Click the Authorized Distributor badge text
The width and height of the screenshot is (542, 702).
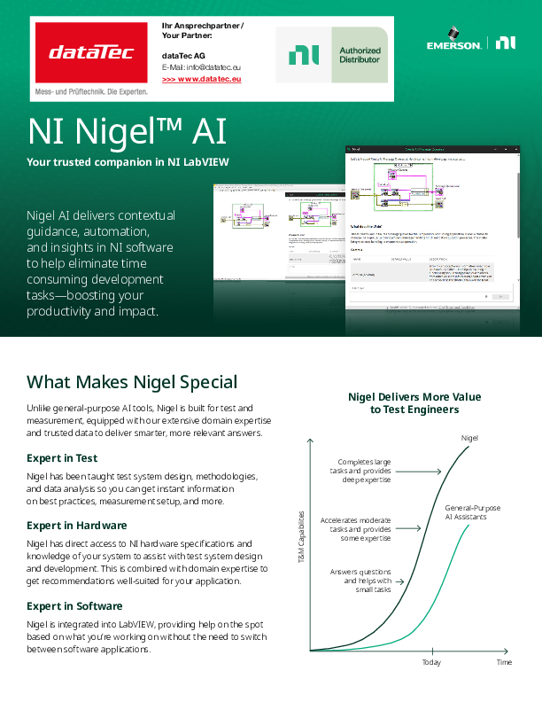(360, 55)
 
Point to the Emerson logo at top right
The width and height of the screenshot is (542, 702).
(453, 43)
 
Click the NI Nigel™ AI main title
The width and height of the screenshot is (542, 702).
(127, 132)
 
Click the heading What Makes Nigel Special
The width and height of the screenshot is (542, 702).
(132, 382)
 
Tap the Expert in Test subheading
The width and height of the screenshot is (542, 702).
(62, 458)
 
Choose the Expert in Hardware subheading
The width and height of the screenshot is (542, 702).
(77, 526)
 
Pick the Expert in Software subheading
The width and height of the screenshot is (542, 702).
(74, 606)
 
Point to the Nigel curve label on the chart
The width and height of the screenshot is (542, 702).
(470, 439)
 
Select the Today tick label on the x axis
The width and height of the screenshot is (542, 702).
(431, 663)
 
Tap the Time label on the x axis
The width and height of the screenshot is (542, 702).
(504, 663)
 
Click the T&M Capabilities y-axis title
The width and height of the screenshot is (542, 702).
(301, 538)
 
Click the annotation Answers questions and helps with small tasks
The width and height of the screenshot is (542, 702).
(360, 581)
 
